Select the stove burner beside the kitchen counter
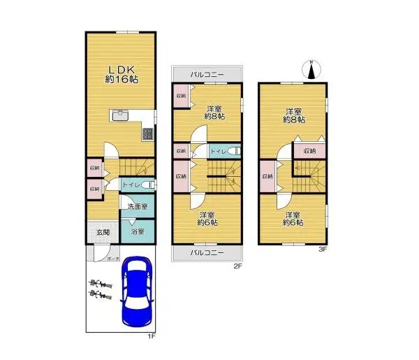148,133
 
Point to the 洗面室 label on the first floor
137,206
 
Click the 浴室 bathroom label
137,231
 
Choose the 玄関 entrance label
103,232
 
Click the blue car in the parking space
138,291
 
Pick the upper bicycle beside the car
101,284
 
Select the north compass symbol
312,69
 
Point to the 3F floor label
323,250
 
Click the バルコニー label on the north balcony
207,74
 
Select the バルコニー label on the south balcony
207,252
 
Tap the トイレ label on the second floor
217,151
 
